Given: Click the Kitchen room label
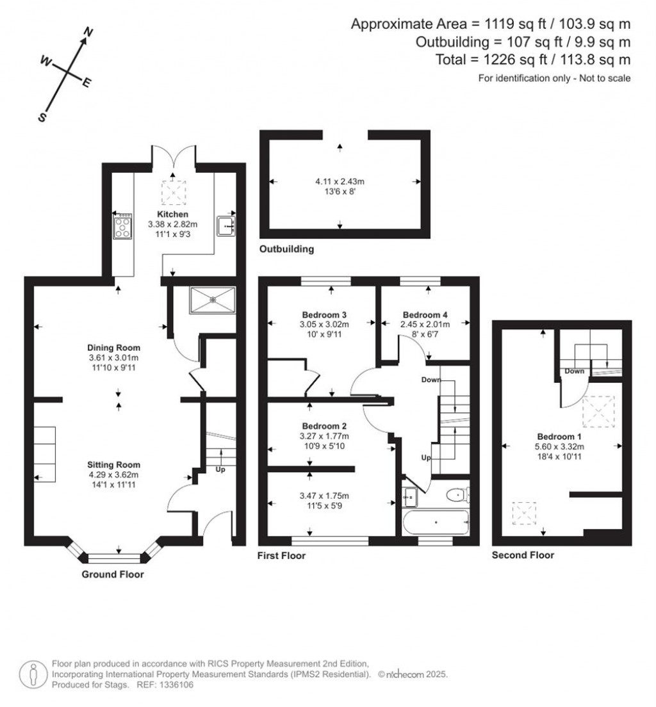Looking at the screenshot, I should [173, 214].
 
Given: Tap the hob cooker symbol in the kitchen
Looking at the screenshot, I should [122, 226].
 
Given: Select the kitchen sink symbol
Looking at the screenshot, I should [226, 226].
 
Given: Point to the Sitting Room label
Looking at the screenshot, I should [114, 464].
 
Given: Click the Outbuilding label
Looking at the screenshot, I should [286, 249].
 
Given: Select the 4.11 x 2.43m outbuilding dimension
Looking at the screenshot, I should [340, 181].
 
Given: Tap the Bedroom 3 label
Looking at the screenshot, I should [324, 314].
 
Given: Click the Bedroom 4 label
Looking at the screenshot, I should [425, 314].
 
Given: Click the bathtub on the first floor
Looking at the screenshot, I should [436, 522].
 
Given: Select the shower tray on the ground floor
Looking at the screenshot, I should [212, 300].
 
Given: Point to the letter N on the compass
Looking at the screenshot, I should [89, 31].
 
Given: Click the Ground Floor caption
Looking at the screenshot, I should [113, 574].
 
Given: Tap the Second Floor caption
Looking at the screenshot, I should [523, 555].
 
